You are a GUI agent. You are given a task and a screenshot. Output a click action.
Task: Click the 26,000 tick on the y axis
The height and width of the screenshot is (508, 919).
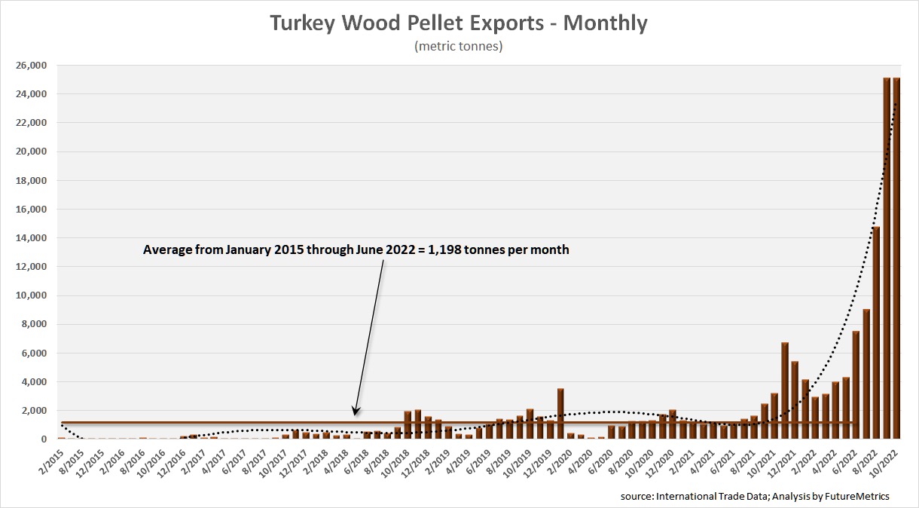coord(31,66)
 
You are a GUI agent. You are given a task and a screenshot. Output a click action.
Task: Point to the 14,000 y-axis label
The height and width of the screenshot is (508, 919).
coord(31,238)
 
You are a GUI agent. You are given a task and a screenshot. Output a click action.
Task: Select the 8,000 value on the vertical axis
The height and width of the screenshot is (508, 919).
coord(33,324)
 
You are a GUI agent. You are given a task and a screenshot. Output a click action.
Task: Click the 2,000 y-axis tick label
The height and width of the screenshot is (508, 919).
coord(33,411)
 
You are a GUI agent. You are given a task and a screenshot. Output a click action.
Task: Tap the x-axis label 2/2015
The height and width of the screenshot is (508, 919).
coord(53,458)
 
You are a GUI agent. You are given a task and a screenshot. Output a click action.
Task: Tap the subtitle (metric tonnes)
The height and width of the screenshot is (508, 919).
coord(459,47)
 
